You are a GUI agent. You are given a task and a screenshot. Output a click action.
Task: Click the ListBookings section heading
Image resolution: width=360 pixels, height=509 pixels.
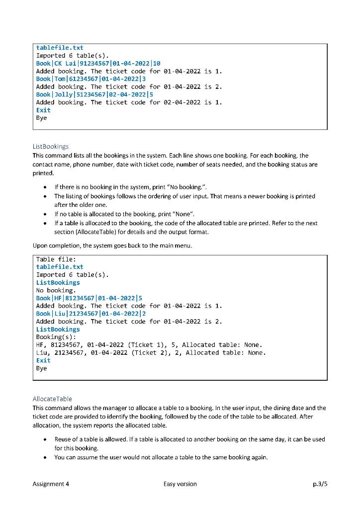coord(51,147)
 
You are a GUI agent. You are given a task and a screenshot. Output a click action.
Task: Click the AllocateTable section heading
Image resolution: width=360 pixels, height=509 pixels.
coord(52,399)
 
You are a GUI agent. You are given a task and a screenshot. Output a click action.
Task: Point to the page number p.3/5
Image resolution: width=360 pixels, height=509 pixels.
coord(318,484)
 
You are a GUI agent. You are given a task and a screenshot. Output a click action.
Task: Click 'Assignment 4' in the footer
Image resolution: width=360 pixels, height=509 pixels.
coord(51,484)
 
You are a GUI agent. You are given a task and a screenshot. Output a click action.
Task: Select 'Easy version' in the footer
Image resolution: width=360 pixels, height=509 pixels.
coord(180,484)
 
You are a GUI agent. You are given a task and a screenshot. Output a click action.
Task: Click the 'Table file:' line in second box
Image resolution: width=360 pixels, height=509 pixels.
coord(56,259)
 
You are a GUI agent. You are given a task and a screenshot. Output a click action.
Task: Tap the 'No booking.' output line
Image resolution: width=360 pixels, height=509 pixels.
coord(56,290)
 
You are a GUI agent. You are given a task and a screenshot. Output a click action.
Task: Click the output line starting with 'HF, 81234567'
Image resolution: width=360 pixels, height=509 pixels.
coord(149,345)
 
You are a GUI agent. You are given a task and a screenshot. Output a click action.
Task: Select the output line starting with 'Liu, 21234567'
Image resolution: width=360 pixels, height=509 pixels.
coord(151,353)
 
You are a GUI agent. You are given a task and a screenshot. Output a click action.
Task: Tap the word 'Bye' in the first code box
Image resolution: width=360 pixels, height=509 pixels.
coord(42,118)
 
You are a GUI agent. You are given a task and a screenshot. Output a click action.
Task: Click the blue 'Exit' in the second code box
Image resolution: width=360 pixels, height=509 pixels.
coord(44,360)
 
